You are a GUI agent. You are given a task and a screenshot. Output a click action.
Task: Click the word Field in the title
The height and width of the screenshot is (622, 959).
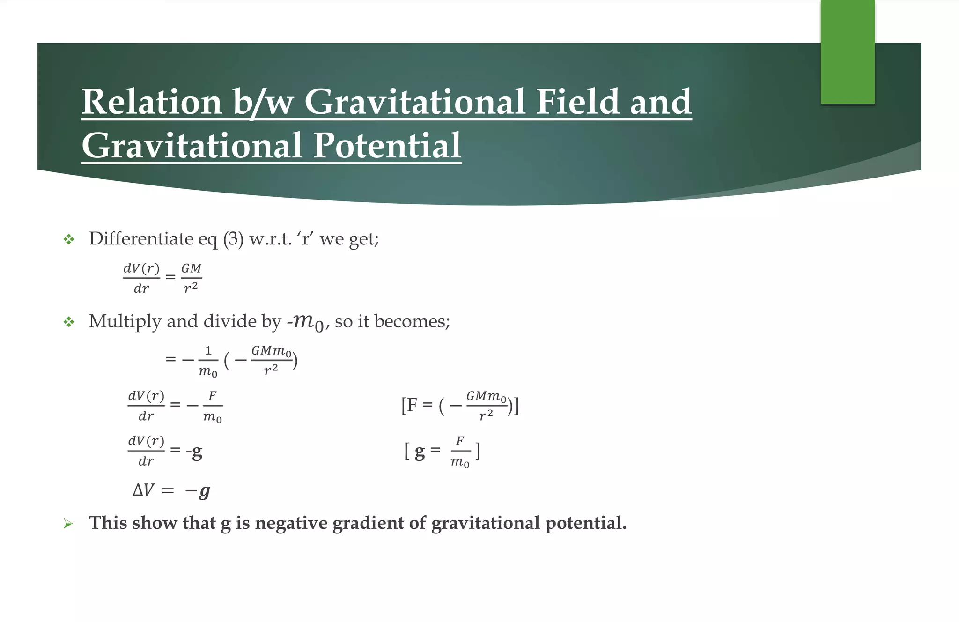577,102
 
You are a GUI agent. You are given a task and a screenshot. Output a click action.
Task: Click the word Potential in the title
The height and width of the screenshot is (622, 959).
387,146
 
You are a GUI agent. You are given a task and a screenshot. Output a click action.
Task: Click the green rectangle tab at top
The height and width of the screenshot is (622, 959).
848,52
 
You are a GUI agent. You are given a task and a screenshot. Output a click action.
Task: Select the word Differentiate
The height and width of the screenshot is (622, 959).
140,239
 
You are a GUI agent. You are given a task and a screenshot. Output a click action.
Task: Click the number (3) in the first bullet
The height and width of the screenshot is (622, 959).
233,239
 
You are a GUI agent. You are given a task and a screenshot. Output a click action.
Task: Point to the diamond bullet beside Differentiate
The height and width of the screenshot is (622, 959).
69,240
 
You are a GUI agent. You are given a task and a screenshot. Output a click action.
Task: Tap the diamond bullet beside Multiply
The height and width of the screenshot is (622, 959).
69,322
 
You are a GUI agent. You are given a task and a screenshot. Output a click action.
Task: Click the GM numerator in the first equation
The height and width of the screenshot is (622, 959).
191,268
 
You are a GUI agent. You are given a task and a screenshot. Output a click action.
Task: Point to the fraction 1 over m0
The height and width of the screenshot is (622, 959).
208,361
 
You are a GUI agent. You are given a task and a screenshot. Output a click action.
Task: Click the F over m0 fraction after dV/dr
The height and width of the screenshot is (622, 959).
212,406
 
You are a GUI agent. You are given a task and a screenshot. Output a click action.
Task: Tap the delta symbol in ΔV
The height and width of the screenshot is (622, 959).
138,490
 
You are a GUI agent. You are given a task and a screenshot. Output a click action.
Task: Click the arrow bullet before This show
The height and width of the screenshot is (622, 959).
68,524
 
